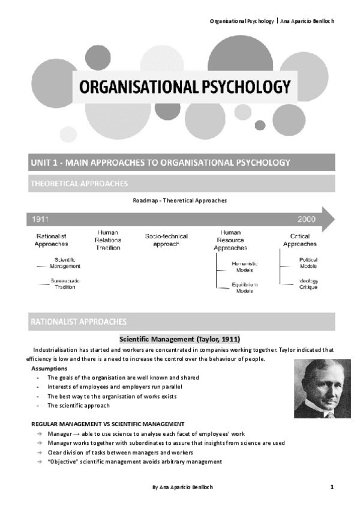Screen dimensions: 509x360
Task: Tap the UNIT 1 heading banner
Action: tap(160, 163)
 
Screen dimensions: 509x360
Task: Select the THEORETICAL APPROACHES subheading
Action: tap(79, 183)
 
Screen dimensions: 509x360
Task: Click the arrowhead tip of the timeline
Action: tap(334, 220)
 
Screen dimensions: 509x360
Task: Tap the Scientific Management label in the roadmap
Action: tap(65, 262)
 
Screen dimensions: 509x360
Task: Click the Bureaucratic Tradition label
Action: tap(65, 284)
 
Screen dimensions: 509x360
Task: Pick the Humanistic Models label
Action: tap(245, 267)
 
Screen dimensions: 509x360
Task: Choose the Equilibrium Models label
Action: tap(245, 288)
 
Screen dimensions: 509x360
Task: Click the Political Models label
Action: tap(308, 263)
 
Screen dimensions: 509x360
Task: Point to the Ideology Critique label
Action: tap(308, 284)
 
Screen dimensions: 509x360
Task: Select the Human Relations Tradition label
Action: tap(108, 239)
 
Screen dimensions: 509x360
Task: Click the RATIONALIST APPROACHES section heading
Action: tap(79, 322)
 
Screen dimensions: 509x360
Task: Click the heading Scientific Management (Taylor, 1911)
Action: tap(180, 339)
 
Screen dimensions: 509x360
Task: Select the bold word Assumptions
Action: tap(49, 368)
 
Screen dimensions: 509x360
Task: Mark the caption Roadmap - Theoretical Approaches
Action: tap(180, 200)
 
